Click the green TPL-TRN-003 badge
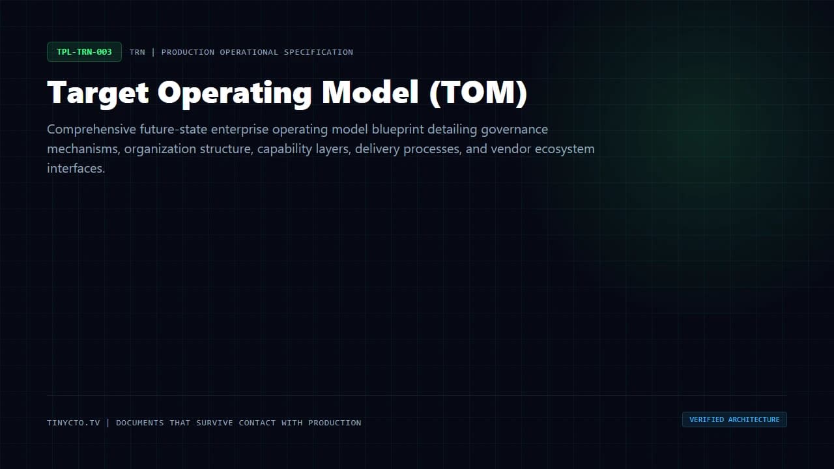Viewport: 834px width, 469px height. (x=84, y=51)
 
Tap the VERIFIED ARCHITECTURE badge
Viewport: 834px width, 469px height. (x=734, y=419)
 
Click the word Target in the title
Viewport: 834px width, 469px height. (x=98, y=93)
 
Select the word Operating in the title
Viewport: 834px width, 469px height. (x=235, y=93)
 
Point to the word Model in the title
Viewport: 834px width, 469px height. (x=370, y=92)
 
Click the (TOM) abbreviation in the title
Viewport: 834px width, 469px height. (x=478, y=93)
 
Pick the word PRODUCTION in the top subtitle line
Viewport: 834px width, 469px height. (x=188, y=52)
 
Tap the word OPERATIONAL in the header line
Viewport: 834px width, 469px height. (x=249, y=52)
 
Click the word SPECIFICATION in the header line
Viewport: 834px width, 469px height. (x=319, y=52)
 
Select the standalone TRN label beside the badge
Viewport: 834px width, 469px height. (x=137, y=52)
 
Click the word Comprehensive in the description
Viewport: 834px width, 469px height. (x=92, y=130)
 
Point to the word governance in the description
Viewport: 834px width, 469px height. (x=514, y=130)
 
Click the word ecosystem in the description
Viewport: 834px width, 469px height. (x=564, y=150)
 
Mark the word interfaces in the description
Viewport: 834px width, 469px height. (x=76, y=168)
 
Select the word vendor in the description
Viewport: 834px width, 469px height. (x=511, y=149)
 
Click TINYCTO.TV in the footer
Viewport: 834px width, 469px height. (x=74, y=423)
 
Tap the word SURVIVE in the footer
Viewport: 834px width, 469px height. (x=214, y=423)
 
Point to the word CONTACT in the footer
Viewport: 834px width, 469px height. (x=257, y=423)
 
